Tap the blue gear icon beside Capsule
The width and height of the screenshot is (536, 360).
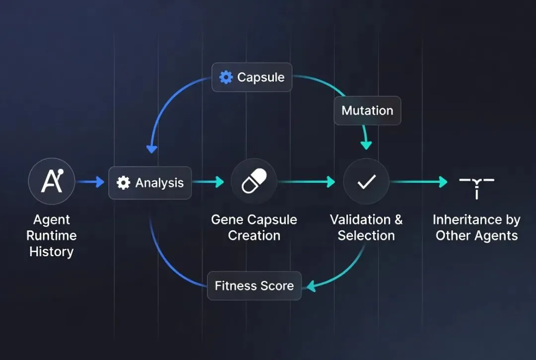[x=226, y=77]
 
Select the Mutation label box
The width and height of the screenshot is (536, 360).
[x=367, y=110]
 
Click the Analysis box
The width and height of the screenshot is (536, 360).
[x=150, y=183]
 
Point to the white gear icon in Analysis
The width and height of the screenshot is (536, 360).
[x=123, y=183]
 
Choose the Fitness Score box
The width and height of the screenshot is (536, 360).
[x=254, y=286]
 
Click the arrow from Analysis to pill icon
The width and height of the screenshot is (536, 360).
[x=208, y=182]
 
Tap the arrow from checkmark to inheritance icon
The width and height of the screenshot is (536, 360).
[x=419, y=182]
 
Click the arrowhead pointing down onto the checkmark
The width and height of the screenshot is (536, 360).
[x=366, y=145]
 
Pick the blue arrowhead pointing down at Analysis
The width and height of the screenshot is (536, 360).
[x=151, y=148]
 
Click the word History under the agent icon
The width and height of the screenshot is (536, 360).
[x=51, y=252]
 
